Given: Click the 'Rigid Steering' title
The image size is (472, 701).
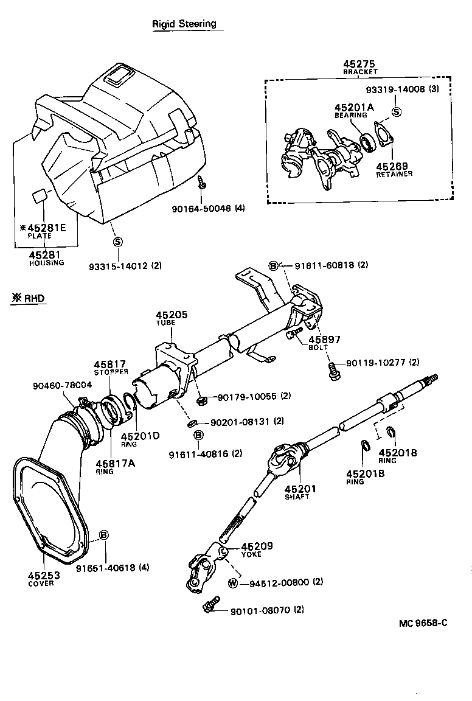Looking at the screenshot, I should (x=184, y=24).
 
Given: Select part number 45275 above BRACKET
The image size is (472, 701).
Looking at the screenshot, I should (x=359, y=64).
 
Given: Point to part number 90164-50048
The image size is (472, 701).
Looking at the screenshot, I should (x=200, y=208).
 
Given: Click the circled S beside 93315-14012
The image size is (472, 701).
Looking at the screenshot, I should (x=118, y=242).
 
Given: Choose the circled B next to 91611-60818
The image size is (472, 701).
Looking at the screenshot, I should (x=274, y=265).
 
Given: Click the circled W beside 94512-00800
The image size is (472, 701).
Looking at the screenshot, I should (x=232, y=583).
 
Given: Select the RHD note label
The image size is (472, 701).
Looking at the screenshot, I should (x=29, y=298).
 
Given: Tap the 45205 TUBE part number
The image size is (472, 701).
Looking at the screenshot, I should (x=172, y=315).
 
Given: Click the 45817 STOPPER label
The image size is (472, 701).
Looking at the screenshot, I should (x=109, y=364).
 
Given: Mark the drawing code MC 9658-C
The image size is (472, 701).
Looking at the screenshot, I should (x=423, y=623).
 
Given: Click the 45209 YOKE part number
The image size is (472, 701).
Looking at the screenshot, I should (x=257, y=546).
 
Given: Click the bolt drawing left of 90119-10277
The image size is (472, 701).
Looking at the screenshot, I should (x=333, y=371).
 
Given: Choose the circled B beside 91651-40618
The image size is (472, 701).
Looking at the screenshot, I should (x=104, y=535).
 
